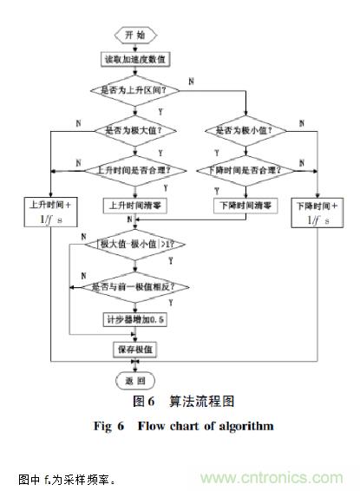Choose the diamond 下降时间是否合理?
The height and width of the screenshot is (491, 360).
click(x=246, y=167)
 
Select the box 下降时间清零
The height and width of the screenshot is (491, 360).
click(x=246, y=206)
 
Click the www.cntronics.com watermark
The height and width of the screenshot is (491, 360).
click(x=276, y=478)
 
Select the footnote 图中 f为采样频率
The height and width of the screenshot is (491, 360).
click(x=66, y=479)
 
